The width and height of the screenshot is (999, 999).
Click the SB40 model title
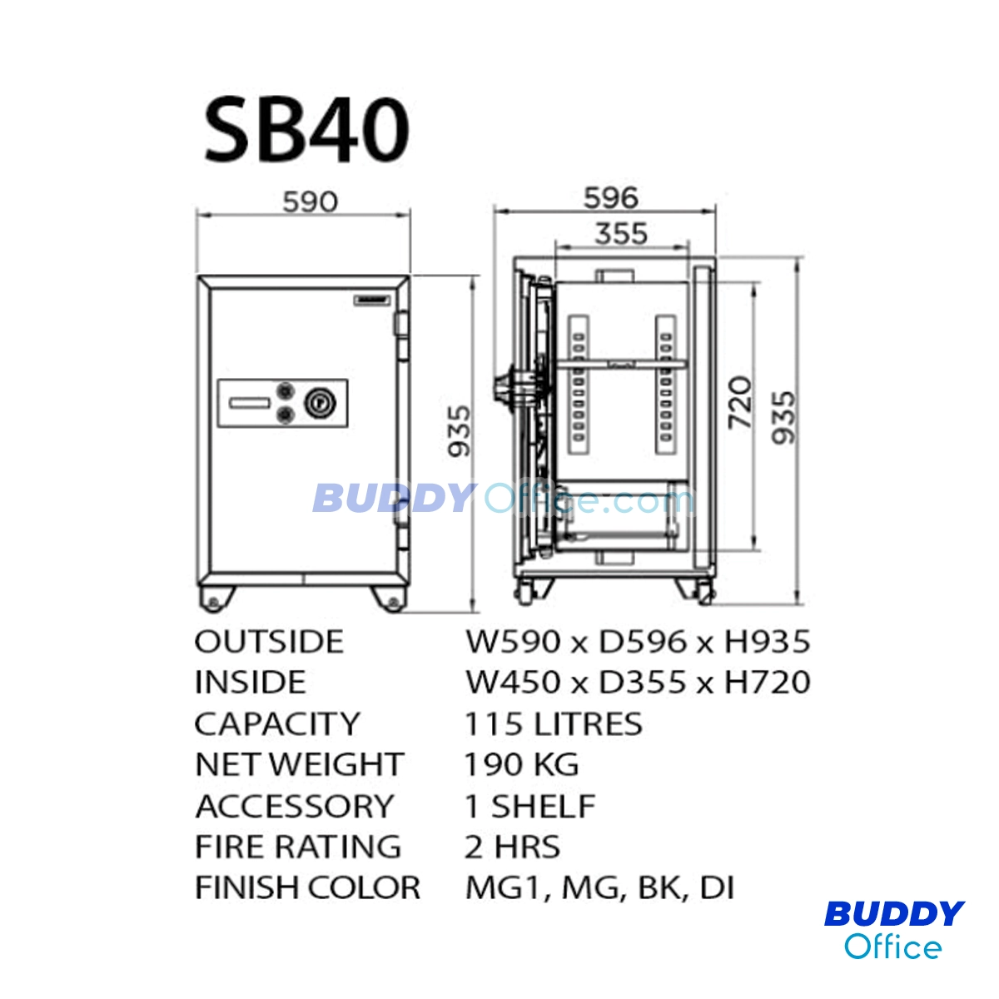click(x=307, y=132)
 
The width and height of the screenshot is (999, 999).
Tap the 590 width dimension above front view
click(x=310, y=201)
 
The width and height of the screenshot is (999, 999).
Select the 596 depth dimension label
click(x=611, y=198)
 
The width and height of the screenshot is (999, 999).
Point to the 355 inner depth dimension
click(x=621, y=234)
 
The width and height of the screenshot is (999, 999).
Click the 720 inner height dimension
click(x=740, y=402)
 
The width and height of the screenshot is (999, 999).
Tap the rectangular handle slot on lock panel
click(x=250, y=403)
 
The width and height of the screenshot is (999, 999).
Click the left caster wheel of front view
click(x=215, y=599)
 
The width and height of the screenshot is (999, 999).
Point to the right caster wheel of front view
click(x=390, y=599)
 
